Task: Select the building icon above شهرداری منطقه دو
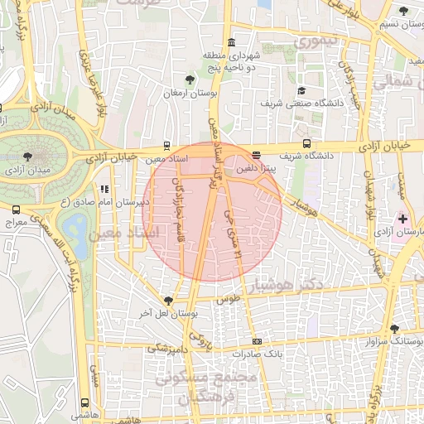[x=230, y=42]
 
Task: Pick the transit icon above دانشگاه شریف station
[x=307, y=142]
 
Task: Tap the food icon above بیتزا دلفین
[x=256, y=155]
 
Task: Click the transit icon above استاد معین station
[x=168, y=144]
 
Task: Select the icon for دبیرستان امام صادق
[x=104, y=189]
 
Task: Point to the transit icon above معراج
[x=17, y=210]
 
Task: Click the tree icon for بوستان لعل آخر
[x=169, y=301]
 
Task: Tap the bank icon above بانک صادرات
[x=257, y=341]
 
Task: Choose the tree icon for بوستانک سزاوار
[x=394, y=328]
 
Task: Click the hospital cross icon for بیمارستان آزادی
[x=402, y=219]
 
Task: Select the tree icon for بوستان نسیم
[x=403, y=11]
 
